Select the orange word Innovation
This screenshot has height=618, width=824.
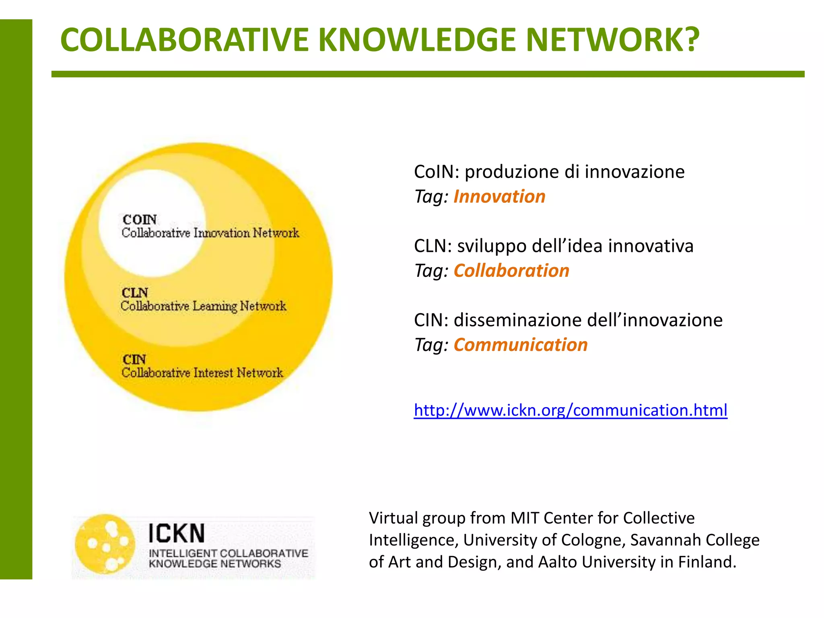(499, 197)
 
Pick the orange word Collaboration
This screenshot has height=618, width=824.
(511, 271)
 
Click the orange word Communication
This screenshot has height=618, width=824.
(521, 345)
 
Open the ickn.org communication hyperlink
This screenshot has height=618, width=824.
(571, 410)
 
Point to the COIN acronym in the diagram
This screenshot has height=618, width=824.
(140, 220)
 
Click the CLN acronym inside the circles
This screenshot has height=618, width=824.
(135, 293)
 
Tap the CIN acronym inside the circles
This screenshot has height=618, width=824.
(134, 359)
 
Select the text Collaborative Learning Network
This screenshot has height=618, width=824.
(203, 306)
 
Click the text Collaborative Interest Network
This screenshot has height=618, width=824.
(202, 373)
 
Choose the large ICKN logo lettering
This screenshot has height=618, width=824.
(177, 534)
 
